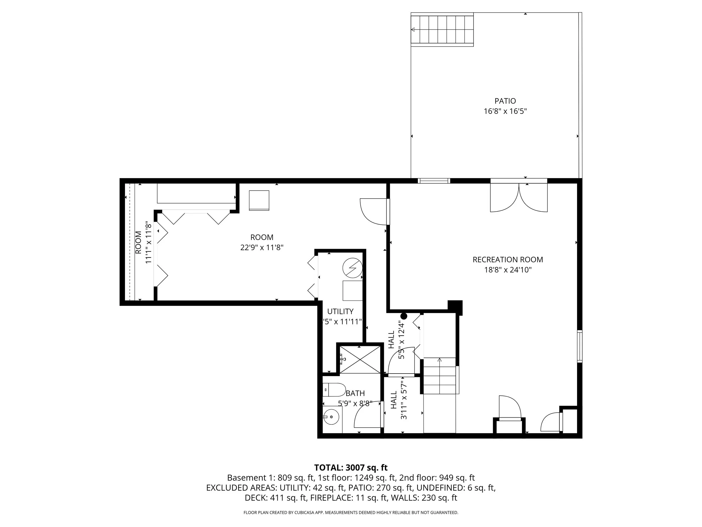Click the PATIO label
coord(505,101)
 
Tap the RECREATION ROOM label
coord(507,259)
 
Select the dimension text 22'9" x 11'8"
coord(261,247)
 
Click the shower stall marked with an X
coord(360,359)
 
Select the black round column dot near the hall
coord(404,316)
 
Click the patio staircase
coord(442,30)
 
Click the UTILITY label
coord(340,311)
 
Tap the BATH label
coord(355,393)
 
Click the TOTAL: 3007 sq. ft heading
coord(351,468)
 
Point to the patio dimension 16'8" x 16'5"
coord(505,112)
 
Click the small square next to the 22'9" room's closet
coord(259,200)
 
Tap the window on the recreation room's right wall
coord(580,346)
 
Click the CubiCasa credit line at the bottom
coord(351,512)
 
